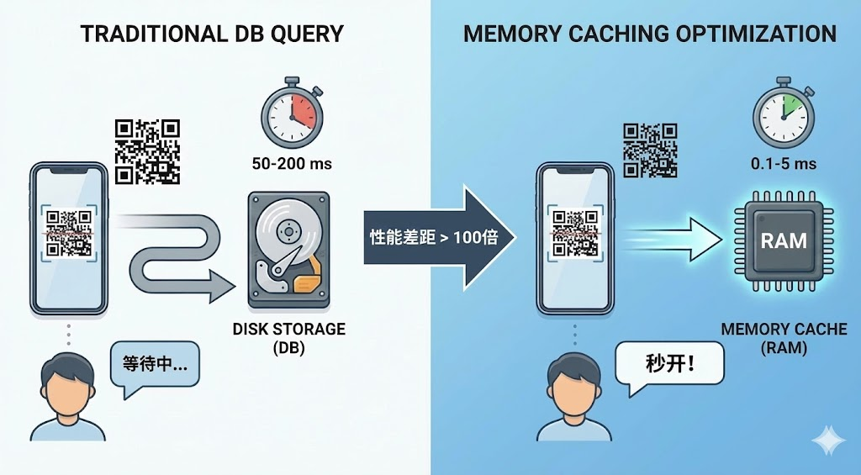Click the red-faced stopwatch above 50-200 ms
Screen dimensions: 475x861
(x=292, y=113)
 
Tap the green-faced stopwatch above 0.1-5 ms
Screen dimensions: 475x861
(x=783, y=114)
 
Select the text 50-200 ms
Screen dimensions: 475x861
(x=292, y=163)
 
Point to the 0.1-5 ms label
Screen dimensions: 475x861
(x=783, y=163)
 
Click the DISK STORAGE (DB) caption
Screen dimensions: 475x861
(x=288, y=337)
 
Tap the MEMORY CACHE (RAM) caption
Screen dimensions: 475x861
(x=784, y=337)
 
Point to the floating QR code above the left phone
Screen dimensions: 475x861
(x=147, y=150)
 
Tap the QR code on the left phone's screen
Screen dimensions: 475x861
(x=68, y=233)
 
